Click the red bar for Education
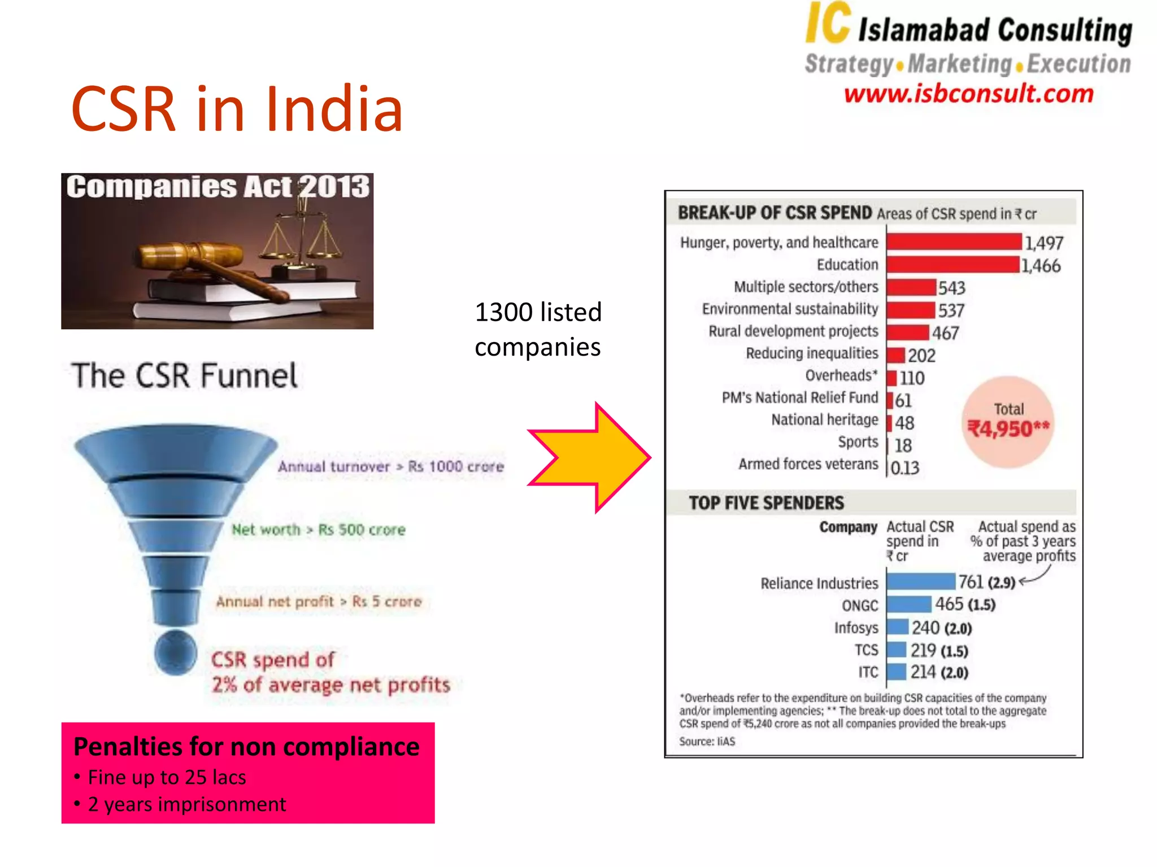(x=953, y=264)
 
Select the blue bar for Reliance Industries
(x=921, y=581)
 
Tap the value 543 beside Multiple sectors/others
(x=952, y=288)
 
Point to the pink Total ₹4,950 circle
(x=1008, y=422)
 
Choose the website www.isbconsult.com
(x=968, y=94)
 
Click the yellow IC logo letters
(x=828, y=24)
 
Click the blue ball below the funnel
(x=176, y=653)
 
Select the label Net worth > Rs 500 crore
(x=319, y=529)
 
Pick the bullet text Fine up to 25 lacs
(x=167, y=777)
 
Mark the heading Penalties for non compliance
(x=247, y=746)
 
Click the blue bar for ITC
(x=897, y=672)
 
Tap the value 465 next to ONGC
(x=949, y=604)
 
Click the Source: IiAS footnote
(x=707, y=741)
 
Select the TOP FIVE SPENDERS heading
(x=766, y=503)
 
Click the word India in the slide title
(x=334, y=109)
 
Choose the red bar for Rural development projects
(x=908, y=332)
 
